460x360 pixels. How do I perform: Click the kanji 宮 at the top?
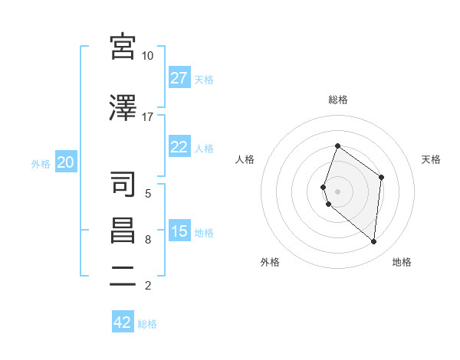tap(123, 47)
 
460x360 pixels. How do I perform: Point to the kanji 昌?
tap(123, 231)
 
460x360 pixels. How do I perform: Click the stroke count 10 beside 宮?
tap(147, 56)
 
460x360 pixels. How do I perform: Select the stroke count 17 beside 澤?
tap(147, 117)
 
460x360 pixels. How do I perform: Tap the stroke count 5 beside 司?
tap(147, 193)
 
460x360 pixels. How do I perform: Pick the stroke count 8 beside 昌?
tap(147, 240)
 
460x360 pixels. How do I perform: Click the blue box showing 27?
tap(179, 78)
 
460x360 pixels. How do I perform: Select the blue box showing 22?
tap(179, 147)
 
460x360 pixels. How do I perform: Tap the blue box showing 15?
tap(179, 231)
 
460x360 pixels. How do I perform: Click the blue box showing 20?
tap(66, 162)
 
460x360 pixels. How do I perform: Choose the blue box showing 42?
tap(123, 322)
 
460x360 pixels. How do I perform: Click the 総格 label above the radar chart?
tap(338, 100)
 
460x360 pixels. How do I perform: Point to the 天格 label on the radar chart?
tap(431, 159)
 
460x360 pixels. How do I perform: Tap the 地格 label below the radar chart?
tap(402, 262)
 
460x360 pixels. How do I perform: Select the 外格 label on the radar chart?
tap(270, 262)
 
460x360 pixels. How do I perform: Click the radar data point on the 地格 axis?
tap(373, 241)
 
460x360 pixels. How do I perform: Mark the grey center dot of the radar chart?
tap(338, 191)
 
